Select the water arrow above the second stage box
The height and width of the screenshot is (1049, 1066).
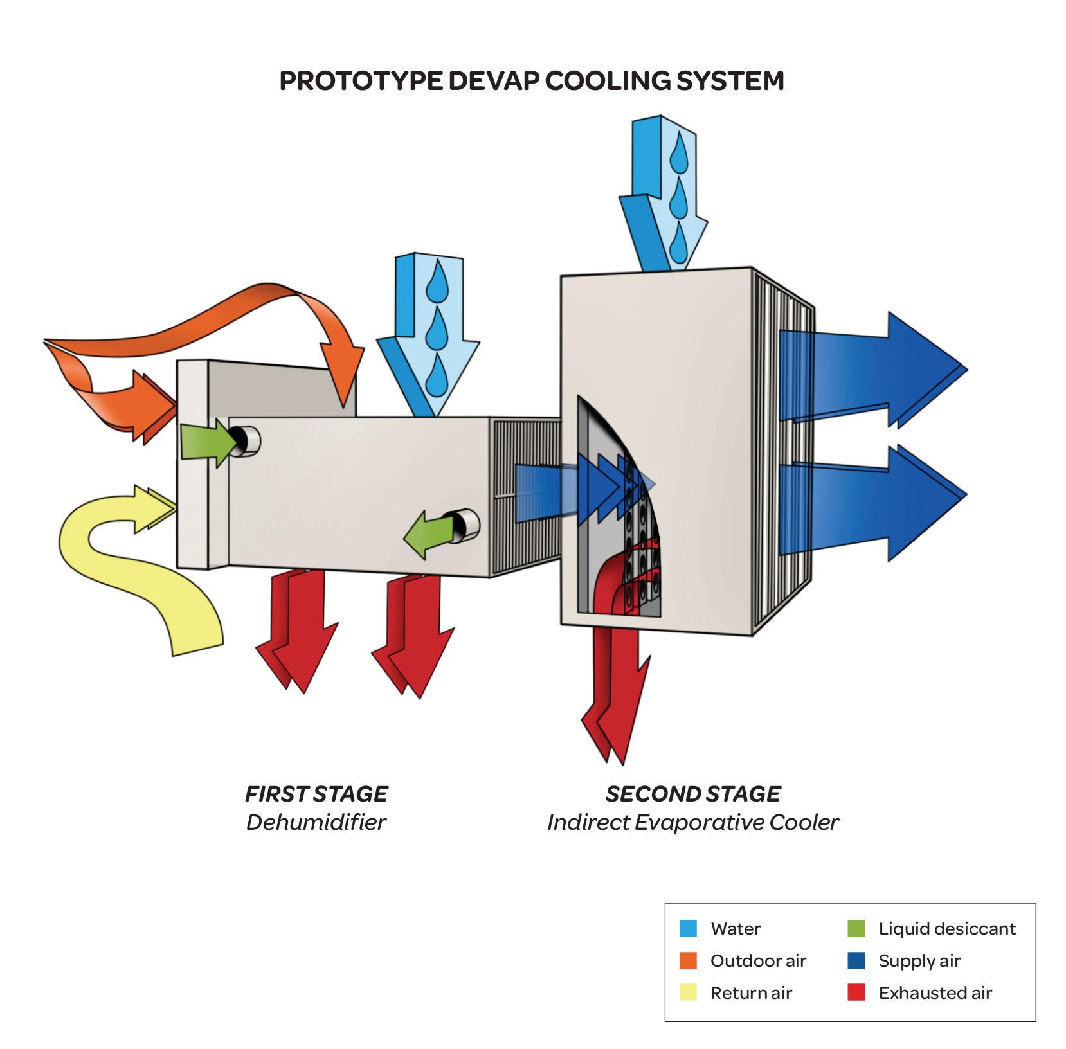pyautogui.click(x=662, y=193)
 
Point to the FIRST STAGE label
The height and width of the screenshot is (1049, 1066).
pyautogui.click(x=316, y=794)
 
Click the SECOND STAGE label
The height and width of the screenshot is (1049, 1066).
pyautogui.click(x=692, y=794)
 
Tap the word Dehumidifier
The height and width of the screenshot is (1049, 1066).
pyautogui.click(x=316, y=822)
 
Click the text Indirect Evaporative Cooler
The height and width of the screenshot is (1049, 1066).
pyautogui.click(x=692, y=822)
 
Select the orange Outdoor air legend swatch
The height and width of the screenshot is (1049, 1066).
pyautogui.click(x=688, y=960)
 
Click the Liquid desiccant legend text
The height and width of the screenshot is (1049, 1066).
pyautogui.click(x=946, y=929)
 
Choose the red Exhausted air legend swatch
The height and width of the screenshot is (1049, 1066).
pyautogui.click(x=856, y=992)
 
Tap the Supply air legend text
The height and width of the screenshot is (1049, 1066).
pyautogui.click(x=919, y=961)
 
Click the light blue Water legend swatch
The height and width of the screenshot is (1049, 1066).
pyautogui.click(x=688, y=928)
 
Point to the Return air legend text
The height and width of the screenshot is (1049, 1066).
pyautogui.click(x=750, y=993)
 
